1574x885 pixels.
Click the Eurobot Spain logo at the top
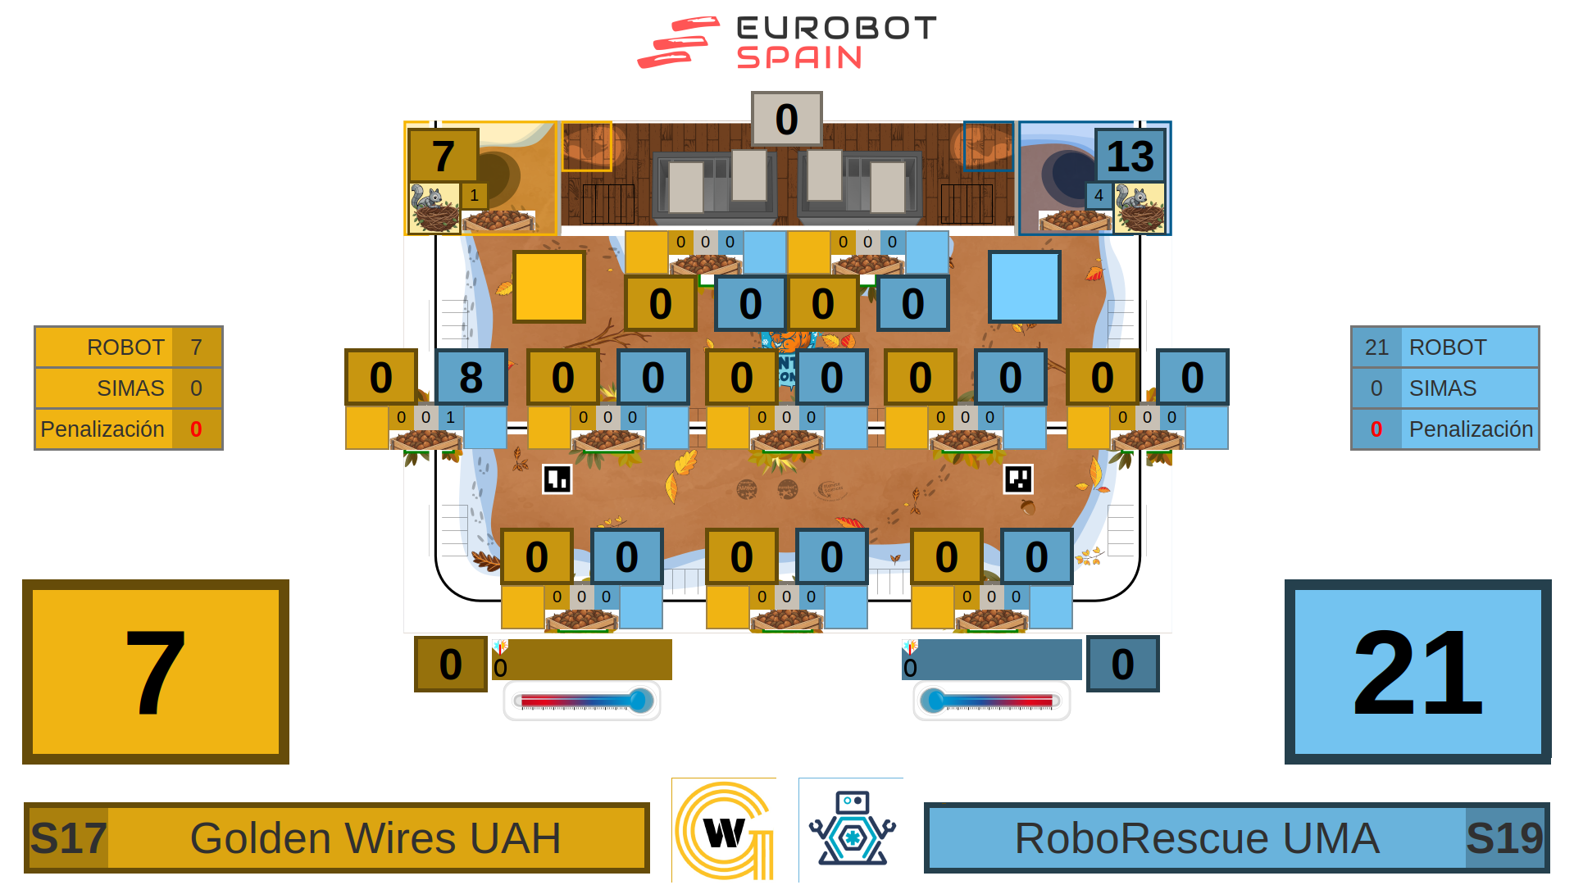787,43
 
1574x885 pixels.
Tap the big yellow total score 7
156,672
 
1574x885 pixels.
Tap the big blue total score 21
1417,672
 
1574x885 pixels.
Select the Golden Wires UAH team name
375,838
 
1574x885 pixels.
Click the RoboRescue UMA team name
1197,838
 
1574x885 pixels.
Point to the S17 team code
68,838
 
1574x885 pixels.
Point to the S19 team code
1504,838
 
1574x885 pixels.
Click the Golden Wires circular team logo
724,830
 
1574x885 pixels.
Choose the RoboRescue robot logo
852,828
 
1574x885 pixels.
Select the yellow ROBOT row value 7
196,347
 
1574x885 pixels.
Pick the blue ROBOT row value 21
1376,347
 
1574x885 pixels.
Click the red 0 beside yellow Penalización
196,429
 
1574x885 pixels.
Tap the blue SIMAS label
1443,388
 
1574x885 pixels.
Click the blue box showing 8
471,377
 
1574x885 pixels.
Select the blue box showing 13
1130,156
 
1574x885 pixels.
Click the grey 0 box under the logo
786,120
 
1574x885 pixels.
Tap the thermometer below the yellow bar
582,701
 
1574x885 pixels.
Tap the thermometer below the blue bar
991,701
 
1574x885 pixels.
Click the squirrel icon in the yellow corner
434,209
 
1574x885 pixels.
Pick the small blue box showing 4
1099,196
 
